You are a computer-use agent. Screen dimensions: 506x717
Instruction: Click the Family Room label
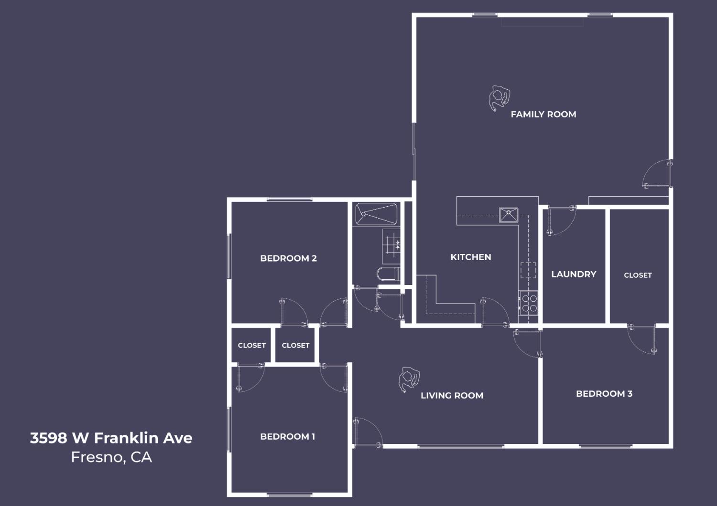(543, 115)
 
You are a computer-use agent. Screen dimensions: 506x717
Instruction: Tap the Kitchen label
(470, 257)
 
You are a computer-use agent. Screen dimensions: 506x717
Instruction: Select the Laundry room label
(574, 274)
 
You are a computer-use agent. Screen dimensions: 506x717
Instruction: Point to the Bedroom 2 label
(288, 258)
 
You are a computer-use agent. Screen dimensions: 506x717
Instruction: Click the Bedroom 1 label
(287, 436)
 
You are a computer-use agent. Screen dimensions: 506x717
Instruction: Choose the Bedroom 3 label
(604, 394)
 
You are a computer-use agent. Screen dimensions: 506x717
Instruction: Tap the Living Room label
(452, 395)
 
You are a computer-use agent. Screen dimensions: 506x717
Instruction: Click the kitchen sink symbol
(509, 215)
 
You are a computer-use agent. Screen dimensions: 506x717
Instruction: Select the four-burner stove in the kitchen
(529, 304)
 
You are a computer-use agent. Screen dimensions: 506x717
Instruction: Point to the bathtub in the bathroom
(376, 214)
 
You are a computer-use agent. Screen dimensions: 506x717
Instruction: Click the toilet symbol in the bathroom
(388, 274)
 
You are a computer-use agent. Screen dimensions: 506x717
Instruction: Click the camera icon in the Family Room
(499, 98)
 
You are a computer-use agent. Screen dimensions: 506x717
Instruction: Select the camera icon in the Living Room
(409, 379)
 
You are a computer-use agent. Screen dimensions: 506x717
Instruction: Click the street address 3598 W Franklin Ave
(111, 438)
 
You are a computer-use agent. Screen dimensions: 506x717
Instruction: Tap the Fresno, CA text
(111, 457)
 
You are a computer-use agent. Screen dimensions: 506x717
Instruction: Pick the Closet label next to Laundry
(638, 275)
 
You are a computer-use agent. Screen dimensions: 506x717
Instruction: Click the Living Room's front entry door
(367, 432)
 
